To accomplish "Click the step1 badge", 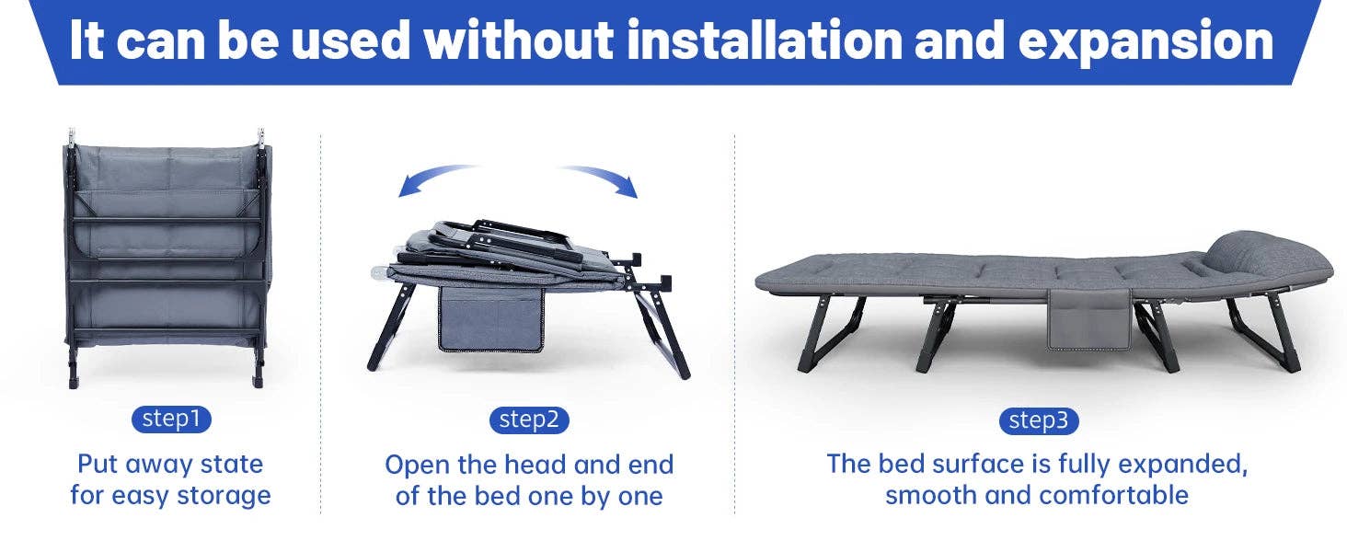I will coord(171,420).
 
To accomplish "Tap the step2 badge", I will coord(529,420).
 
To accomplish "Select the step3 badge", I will coord(1039,420).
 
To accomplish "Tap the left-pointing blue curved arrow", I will coord(437,179).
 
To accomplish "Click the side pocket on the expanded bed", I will coord(1088,319).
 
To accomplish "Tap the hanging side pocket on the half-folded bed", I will coord(491,317).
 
